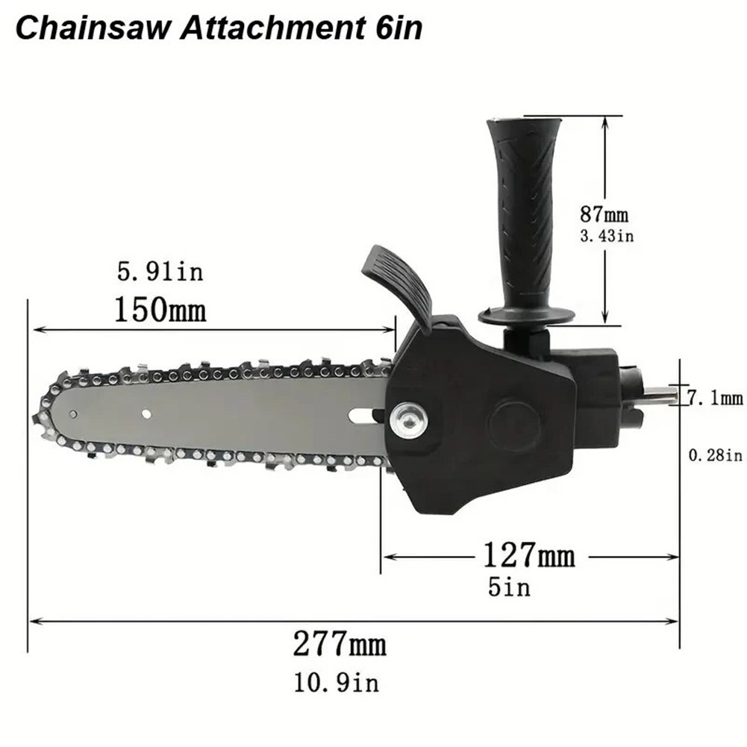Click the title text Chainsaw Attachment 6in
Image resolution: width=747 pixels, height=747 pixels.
(219, 28)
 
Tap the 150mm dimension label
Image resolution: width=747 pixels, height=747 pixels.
(160, 310)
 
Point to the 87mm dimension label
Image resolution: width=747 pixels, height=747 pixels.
(604, 216)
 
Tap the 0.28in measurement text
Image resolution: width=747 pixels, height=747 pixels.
(714, 454)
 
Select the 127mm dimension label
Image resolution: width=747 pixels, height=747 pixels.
(529, 556)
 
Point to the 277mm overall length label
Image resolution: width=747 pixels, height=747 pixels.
(340, 643)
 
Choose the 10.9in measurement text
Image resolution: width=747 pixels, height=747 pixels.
(337, 681)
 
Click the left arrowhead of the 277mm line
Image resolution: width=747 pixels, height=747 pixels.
(33, 620)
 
